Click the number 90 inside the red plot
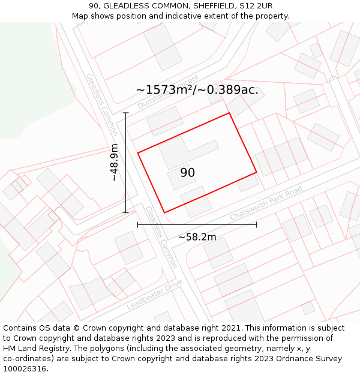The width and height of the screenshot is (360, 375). pyautogui.click(x=187, y=173)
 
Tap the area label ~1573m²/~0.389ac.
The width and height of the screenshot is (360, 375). pyautogui.click(x=197, y=90)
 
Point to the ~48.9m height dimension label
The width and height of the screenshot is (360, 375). pyautogui.click(x=114, y=163)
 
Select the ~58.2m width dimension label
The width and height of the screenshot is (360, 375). pyautogui.click(x=197, y=237)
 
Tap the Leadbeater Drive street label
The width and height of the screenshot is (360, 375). pyautogui.click(x=154, y=295)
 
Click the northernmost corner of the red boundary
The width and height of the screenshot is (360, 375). pyautogui.click(x=229, y=113)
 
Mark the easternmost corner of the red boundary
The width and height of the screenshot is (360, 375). pyautogui.click(x=257, y=172)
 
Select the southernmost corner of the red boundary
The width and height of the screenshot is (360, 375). pyautogui.click(x=164, y=212)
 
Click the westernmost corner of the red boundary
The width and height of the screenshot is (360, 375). pyautogui.click(x=138, y=153)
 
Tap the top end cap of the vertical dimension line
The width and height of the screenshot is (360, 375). pyautogui.click(x=126, y=113)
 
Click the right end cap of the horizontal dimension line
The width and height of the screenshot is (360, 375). pyautogui.click(x=257, y=225)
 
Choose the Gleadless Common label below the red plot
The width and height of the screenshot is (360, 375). pyautogui.click(x=161, y=237)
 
